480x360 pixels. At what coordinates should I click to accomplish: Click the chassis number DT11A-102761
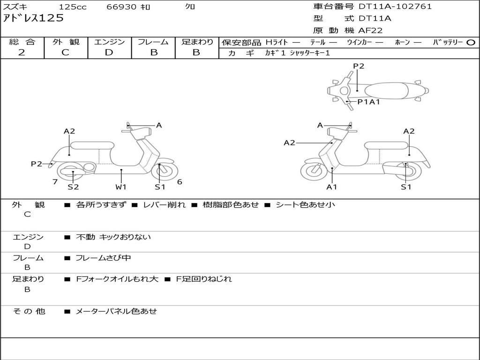point(395,7)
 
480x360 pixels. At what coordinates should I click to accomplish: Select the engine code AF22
point(370,30)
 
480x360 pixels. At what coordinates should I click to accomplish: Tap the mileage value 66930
point(121,7)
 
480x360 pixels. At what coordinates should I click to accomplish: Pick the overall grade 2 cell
point(22,52)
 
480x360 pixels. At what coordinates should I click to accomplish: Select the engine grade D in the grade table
point(109,52)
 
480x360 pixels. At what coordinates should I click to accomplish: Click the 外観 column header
point(66,42)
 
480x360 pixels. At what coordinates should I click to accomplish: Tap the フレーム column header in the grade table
point(153,42)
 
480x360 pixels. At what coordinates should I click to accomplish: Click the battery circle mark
point(471,43)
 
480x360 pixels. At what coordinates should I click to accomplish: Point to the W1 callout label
point(121,187)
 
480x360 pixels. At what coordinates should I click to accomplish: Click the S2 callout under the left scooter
point(73,187)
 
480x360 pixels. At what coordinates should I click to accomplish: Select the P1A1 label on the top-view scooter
point(368,102)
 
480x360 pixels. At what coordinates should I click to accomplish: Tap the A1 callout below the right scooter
point(332,187)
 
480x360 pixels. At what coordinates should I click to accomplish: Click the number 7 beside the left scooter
point(55,182)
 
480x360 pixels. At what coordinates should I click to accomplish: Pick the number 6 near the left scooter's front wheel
point(180,182)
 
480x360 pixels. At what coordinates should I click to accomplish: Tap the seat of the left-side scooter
point(91,145)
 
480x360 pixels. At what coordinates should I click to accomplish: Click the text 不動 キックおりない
point(113,237)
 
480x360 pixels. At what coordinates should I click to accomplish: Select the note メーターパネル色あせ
point(116,311)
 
